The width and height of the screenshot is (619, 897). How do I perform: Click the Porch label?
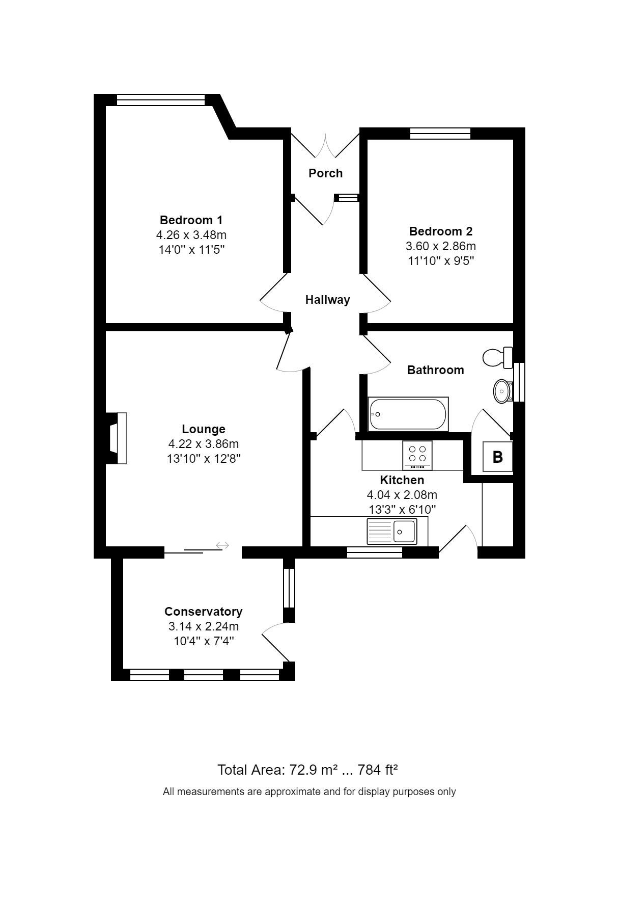[x=325, y=173]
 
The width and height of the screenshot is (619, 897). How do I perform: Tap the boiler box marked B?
[x=497, y=457]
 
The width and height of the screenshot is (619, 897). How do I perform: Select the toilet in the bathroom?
[x=497, y=357]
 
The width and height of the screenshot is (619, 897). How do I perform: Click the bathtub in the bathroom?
[x=408, y=414]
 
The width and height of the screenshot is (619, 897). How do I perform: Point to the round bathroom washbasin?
[x=503, y=391]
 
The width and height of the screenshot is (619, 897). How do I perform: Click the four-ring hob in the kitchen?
[x=417, y=455]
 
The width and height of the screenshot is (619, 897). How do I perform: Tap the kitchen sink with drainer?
[x=391, y=531]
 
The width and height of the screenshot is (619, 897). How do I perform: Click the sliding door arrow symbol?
[x=222, y=545]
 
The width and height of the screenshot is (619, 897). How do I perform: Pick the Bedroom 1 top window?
[x=160, y=100]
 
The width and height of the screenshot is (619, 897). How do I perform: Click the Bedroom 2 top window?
[x=440, y=134]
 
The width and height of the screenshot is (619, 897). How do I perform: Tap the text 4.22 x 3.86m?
[x=203, y=443]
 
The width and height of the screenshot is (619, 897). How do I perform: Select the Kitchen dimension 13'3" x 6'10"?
[x=402, y=509]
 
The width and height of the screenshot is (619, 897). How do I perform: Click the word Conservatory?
[x=203, y=612]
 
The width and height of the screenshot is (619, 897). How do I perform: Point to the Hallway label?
[x=327, y=300]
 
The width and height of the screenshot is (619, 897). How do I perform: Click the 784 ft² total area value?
[x=377, y=770]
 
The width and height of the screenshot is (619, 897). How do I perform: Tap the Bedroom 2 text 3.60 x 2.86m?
[x=440, y=246]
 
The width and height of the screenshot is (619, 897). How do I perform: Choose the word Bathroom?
[x=435, y=370]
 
